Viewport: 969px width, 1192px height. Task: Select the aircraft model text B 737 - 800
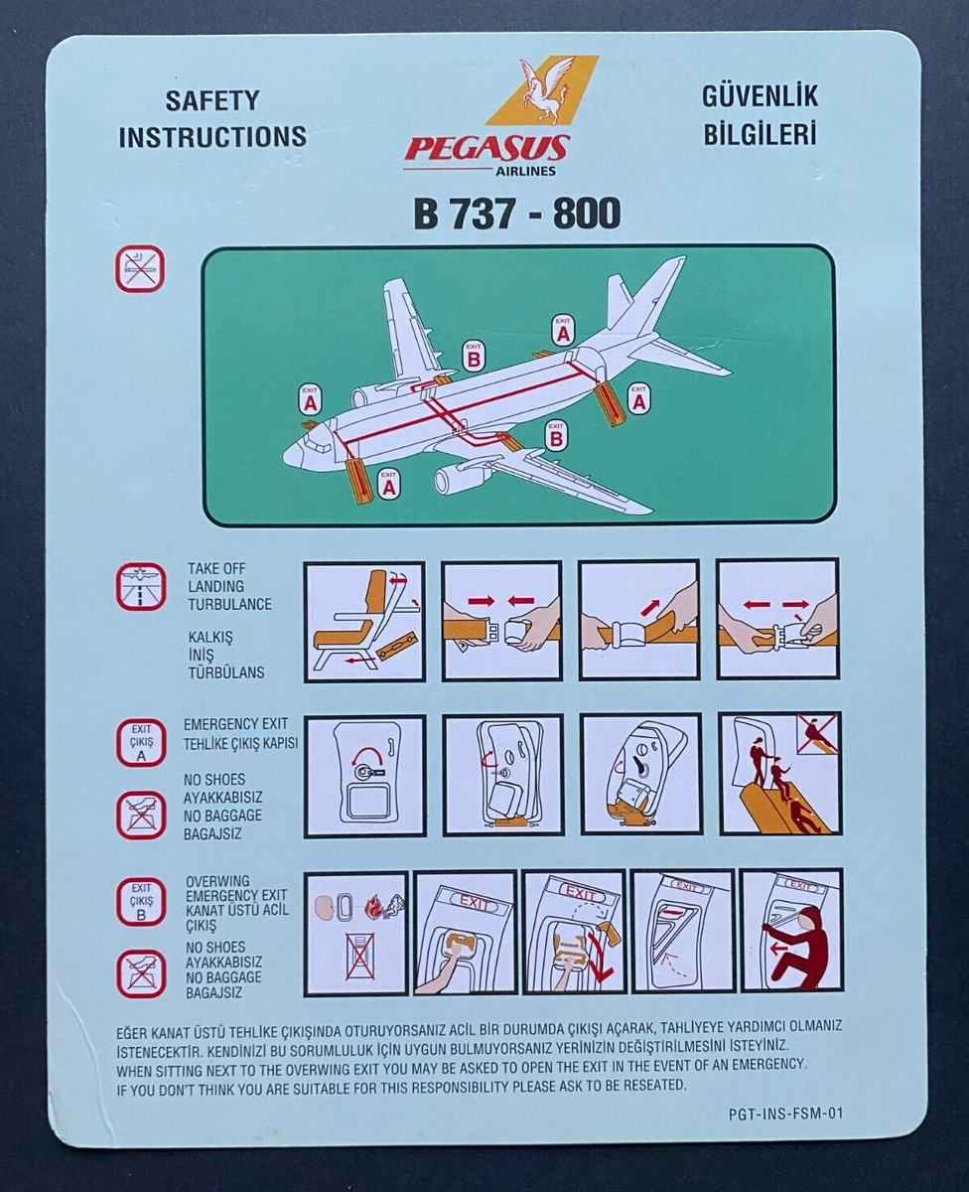coord(517,213)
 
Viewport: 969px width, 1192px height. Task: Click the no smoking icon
coord(140,268)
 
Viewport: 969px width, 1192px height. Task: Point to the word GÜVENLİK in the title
coord(760,96)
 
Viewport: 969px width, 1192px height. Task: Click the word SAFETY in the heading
coord(211,100)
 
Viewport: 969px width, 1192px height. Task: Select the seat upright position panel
coord(364,621)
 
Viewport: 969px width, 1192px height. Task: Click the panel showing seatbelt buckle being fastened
coord(501,621)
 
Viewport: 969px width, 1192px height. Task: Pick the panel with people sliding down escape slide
coord(780,775)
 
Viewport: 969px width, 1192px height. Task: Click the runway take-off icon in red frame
coord(140,587)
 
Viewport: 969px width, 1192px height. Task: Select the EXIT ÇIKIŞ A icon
coord(141,743)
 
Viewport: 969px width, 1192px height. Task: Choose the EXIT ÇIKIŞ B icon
coord(141,902)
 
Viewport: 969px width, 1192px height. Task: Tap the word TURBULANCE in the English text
coord(229,604)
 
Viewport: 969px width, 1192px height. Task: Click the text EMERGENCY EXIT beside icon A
coord(236,724)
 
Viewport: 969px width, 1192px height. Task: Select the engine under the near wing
coord(459,480)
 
